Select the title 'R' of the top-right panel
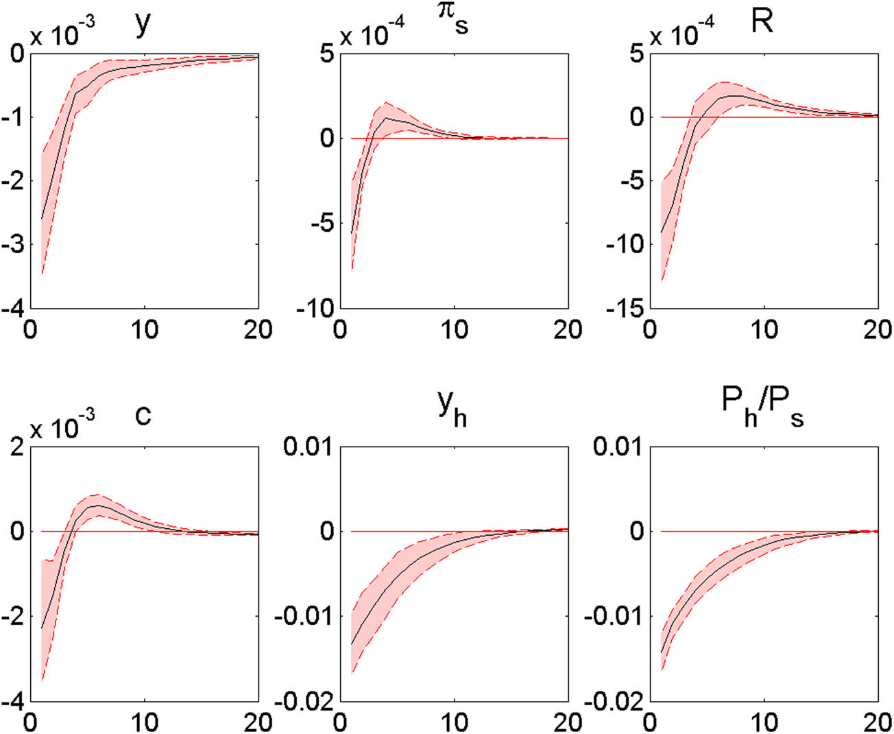[762, 22]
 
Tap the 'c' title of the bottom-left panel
[143, 415]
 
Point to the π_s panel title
[453, 21]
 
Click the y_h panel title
[452, 410]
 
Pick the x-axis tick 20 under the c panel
[258, 722]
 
